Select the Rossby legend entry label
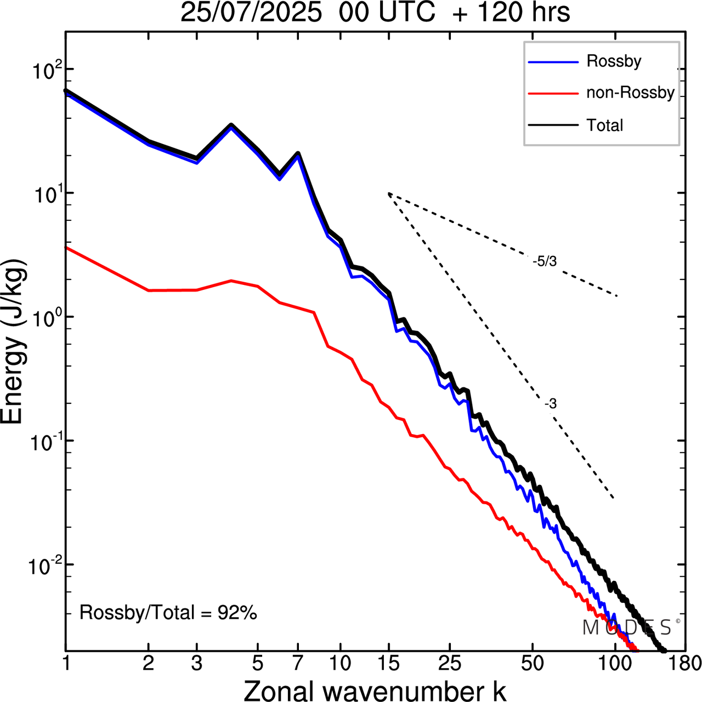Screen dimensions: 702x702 pyautogui.click(x=614, y=61)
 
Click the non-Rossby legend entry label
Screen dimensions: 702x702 pyautogui.click(x=630, y=93)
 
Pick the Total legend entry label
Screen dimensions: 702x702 pyautogui.click(x=605, y=125)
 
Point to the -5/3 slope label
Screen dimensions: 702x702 pyautogui.click(x=545, y=262)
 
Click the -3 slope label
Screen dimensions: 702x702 pyautogui.click(x=551, y=404)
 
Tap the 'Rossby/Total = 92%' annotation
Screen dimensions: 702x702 pyautogui.click(x=168, y=613)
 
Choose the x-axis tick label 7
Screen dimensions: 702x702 pyautogui.click(x=298, y=664)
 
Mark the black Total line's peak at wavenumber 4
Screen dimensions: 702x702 pyautogui.click(x=231, y=125)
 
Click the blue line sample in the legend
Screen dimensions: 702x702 pyautogui.click(x=553, y=62)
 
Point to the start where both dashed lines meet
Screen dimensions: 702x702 pyautogui.click(x=388, y=193)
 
